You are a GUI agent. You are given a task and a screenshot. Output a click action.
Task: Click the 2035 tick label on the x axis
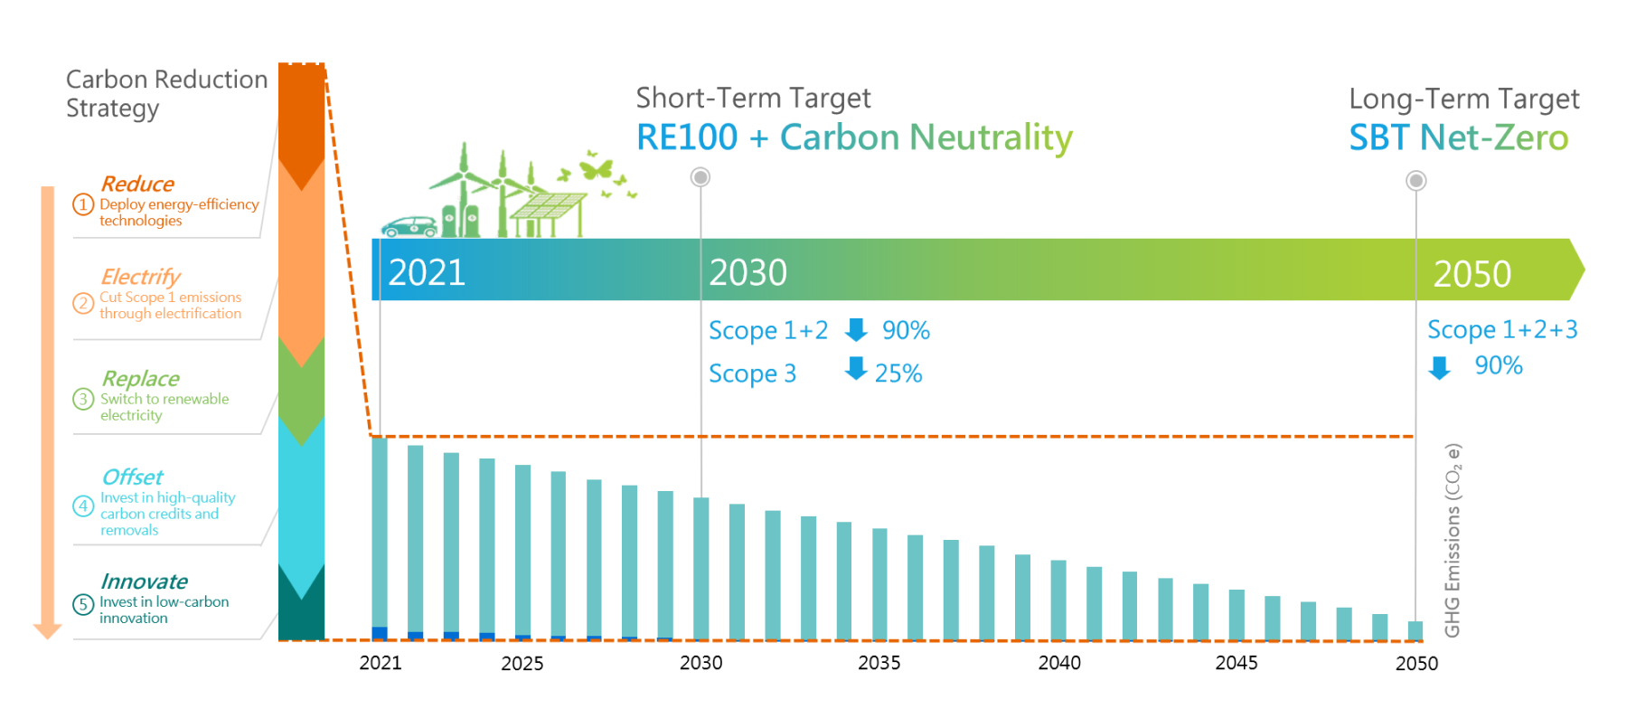pyautogui.click(x=879, y=663)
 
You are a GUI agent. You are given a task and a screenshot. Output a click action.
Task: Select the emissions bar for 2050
pyautogui.click(x=1415, y=630)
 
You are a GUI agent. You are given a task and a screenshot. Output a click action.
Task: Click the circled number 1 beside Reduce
pyautogui.click(x=83, y=204)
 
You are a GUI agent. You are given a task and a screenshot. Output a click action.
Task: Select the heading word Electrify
pyautogui.click(x=140, y=277)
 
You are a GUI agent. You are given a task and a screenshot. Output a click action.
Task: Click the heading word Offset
pyautogui.click(x=133, y=477)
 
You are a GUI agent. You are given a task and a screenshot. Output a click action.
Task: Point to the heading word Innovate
pyautogui.click(x=145, y=581)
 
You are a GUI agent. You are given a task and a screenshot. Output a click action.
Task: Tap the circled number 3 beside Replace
pyautogui.click(x=83, y=399)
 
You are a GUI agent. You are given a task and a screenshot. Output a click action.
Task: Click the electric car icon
pyautogui.click(x=409, y=226)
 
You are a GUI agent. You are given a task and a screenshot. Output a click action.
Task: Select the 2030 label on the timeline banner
pyautogui.click(x=747, y=272)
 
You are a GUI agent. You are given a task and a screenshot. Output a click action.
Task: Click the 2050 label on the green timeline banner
pyautogui.click(x=1471, y=274)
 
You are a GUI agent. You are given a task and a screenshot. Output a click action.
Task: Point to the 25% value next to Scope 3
pyautogui.click(x=898, y=373)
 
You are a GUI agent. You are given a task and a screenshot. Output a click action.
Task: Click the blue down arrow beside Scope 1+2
pyautogui.click(x=856, y=330)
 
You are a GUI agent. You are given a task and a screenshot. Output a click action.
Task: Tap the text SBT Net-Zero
pyautogui.click(x=1458, y=138)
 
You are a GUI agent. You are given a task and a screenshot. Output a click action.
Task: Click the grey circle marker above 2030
pyautogui.click(x=700, y=177)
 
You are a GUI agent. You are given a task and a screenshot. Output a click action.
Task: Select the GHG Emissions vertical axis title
pyautogui.click(x=1453, y=540)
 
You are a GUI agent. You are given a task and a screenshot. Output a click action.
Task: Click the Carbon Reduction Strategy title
pyautogui.click(x=166, y=93)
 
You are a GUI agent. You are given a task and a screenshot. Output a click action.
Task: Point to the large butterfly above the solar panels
pyautogui.click(x=597, y=167)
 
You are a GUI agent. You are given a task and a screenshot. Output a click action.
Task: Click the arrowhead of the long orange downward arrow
pyautogui.click(x=47, y=630)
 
